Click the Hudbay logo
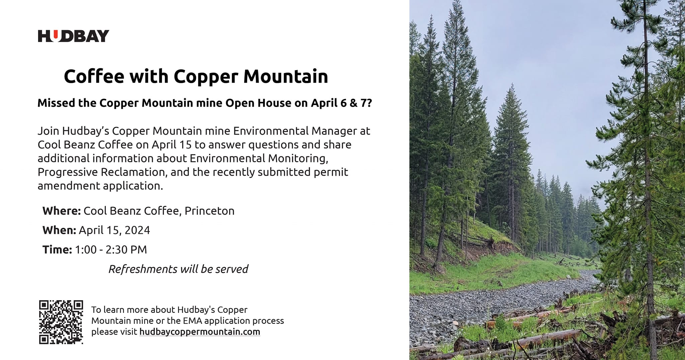[74, 36]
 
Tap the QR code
[61, 322]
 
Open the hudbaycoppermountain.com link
[200, 332]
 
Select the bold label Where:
[62, 211]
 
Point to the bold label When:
[59, 230]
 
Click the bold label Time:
[57, 250]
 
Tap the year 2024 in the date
[137, 230]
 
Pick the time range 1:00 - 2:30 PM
[111, 250]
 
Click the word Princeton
[210, 211]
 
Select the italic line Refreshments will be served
[178, 269]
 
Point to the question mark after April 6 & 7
[369, 103]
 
